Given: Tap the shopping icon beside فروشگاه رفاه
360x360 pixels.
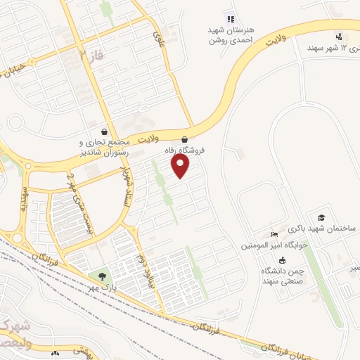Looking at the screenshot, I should click(x=184, y=139).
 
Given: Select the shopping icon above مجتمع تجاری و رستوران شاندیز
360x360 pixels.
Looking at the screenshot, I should click(x=105, y=131).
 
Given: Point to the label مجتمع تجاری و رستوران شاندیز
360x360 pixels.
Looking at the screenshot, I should click(x=105, y=146).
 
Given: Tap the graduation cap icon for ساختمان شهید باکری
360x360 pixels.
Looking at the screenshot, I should click(x=321, y=218).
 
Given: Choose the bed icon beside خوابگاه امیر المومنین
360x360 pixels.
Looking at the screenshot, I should click(x=275, y=235).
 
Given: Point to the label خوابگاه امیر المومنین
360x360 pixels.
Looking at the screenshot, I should click(x=272, y=246).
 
